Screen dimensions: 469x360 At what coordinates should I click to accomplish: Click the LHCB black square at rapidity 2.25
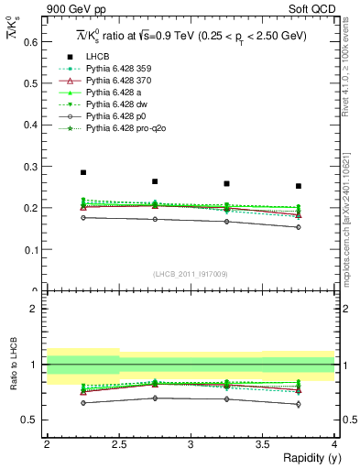point(82,172)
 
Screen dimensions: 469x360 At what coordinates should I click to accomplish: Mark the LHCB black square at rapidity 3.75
point(298,186)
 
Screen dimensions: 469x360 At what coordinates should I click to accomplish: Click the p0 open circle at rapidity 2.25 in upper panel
point(82,217)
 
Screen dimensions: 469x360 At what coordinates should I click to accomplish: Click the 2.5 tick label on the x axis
point(118,444)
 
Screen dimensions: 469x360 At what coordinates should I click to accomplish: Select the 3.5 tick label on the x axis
point(262,444)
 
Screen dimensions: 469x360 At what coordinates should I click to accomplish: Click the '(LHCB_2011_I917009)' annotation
point(190,273)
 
